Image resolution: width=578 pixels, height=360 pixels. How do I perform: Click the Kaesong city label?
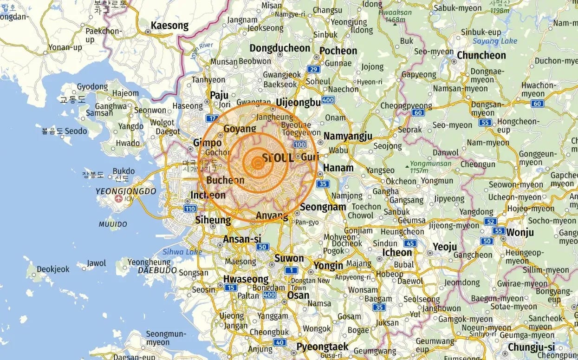pyautogui.click(x=169, y=26)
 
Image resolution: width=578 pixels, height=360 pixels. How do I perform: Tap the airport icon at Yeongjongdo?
pyautogui.click(x=118, y=199)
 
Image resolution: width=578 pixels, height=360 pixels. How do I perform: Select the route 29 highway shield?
pyautogui.click(x=314, y=70)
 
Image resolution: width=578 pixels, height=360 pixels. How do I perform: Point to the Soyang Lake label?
pyautogui.click(x=494, y=41)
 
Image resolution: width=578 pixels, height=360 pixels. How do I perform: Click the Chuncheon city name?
pyautogui.click(x=481, y=55)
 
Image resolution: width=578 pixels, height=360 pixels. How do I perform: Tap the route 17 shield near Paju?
pyautogui.click(x=212, y=118)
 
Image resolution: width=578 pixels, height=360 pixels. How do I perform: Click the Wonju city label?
pyautogui.click(x=520, y=232)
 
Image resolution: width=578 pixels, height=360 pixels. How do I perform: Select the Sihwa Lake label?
pyautogui.click(x=182, y=252)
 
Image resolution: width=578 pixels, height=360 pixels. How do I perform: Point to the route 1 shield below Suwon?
pyautogui.click(x=291, y=270)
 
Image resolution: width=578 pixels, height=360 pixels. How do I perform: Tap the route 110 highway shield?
pyautogui.click(x=190, y=209)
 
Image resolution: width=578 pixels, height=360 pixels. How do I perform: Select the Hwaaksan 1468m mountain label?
pyautogui.click(x=395, y=15)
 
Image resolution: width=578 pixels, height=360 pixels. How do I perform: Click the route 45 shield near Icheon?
pyautogui.click(x=410, y=243)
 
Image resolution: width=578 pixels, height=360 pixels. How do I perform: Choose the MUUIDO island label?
pyautogui.click(x=113, y=224)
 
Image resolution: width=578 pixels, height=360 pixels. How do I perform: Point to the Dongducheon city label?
pyautogui.click(x=279, y=48)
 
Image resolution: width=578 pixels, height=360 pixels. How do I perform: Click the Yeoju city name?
pyautogui.click(x=444, y=247)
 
